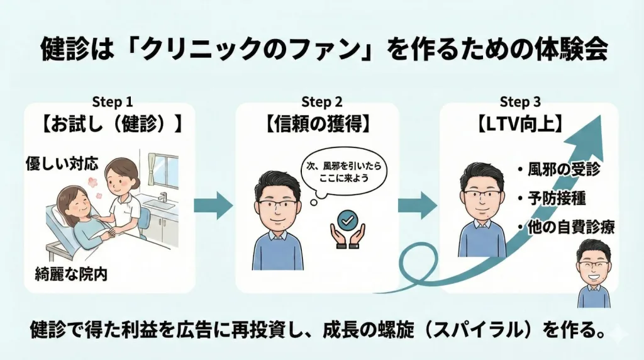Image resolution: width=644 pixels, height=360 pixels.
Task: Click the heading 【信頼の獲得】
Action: tap(317, 124)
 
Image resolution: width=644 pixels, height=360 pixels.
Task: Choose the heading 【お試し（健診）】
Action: tap(112, 124)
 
